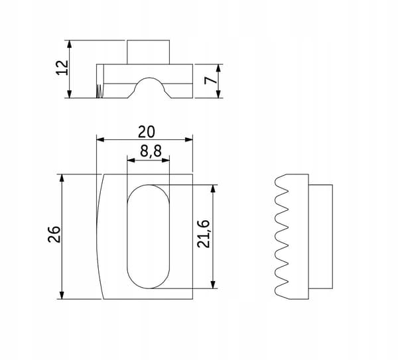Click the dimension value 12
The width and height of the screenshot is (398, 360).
(62, 68)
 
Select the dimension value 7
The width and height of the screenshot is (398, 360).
(211, 80)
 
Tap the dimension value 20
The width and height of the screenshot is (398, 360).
(146, 132)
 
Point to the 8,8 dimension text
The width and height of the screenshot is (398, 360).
(151, 151)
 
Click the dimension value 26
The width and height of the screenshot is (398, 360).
(54, 234)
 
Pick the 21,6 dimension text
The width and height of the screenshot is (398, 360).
(204, 234)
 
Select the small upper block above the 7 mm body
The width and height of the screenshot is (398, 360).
(148, 52)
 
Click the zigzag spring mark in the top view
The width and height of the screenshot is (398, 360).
(99, 91)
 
